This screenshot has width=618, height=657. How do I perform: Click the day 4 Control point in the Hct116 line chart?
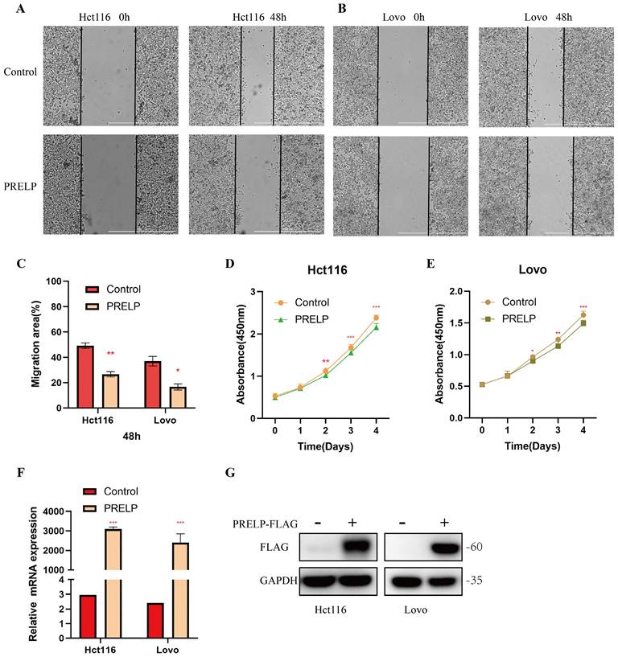pyautogui.click(x=376, y=318)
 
